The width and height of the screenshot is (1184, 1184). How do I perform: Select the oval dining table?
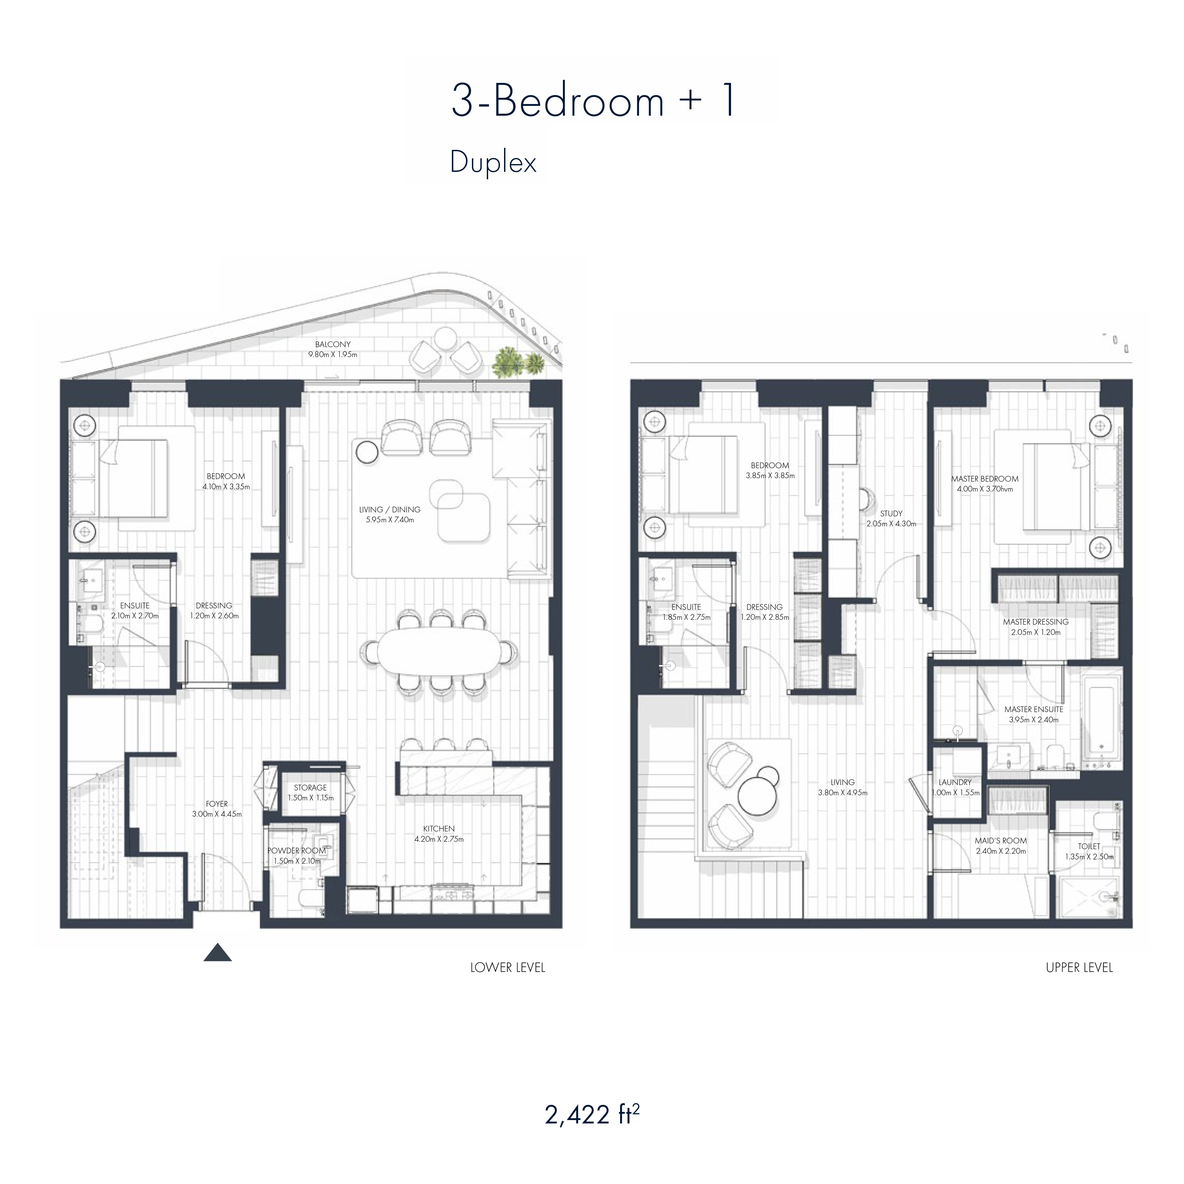438,652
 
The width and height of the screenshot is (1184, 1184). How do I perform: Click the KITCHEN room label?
439,828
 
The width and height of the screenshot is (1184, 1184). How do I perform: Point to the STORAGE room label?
310,788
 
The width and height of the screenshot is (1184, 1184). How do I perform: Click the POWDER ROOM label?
297,850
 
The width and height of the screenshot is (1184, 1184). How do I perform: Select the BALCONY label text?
333,344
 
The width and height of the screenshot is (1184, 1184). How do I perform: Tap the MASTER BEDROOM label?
985,479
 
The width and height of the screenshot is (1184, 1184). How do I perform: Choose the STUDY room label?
891,514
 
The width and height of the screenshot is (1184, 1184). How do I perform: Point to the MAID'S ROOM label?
1001,841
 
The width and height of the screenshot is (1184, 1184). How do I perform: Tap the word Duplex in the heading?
493,162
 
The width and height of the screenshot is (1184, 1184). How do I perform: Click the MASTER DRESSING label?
1036,621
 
